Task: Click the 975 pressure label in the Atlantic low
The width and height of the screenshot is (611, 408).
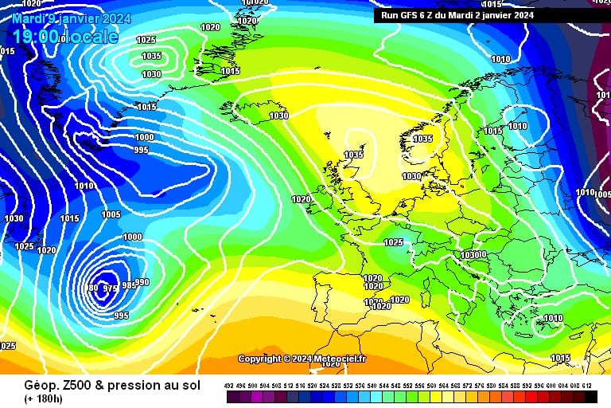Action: point(111,288)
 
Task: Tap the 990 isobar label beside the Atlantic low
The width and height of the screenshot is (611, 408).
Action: point(142,282)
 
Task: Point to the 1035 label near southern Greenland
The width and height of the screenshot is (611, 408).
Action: point(151,56)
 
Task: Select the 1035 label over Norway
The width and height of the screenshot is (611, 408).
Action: point(422,139)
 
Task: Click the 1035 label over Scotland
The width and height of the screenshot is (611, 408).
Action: point(353,155)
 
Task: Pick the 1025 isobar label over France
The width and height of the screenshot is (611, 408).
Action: point(393,242)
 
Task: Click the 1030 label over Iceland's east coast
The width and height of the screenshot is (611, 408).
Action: point(278,116)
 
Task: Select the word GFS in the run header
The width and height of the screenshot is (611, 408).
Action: point(407,15)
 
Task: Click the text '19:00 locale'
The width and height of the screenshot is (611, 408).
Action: point(65,36)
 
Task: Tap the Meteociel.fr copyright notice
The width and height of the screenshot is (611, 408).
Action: point(302,359)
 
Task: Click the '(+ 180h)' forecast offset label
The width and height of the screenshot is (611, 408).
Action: point(45,398)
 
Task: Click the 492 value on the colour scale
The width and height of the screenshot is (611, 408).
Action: point(229,384)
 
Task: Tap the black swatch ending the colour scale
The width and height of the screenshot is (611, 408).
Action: point(590,395)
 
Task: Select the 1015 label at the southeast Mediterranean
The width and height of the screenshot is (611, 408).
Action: point(560,358)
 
